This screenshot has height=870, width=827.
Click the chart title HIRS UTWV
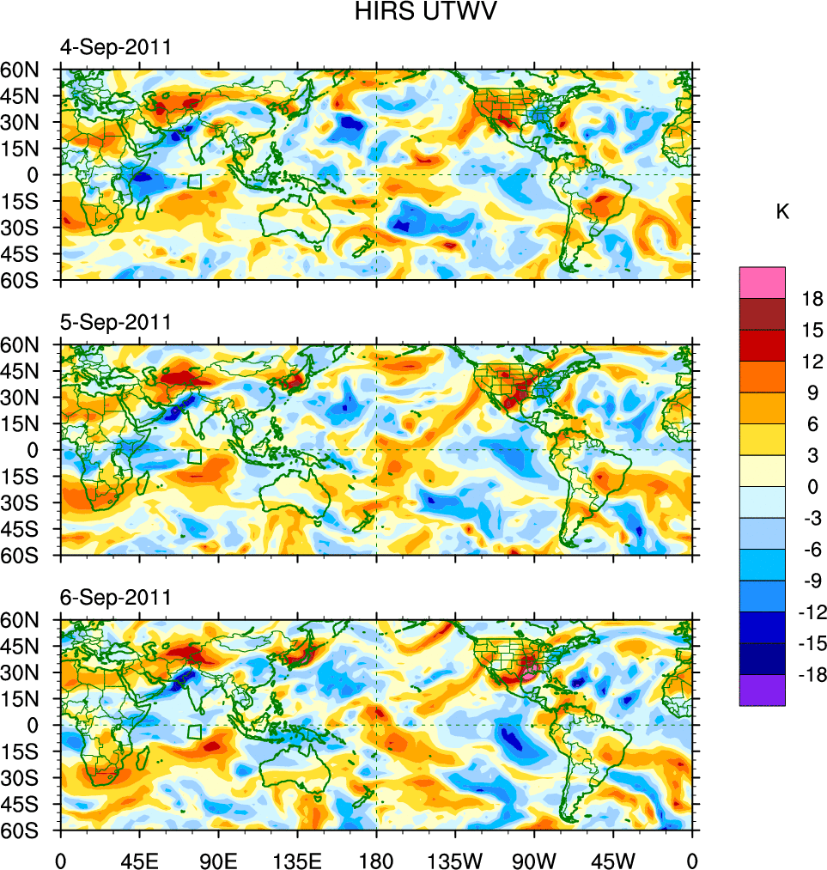click(x=414, y=12)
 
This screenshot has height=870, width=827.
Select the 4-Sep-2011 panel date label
click(x=116, y=47)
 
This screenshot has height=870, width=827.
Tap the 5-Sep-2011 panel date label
click(x=116, y=322)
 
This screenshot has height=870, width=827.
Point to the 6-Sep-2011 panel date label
click(x=116, y=597)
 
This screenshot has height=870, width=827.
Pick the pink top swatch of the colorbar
click(x=762, y=282)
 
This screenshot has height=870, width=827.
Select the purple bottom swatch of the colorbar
click(x=762, y=691)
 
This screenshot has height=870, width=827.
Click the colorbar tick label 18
click(x=812, y=299)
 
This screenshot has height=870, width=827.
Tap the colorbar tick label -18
click(x=809, y=675)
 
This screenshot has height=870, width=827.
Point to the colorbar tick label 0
click(x=812, y=487)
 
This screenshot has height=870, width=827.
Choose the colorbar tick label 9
click(x=812, y=392)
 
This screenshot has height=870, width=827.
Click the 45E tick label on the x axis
click(x=139, y=859)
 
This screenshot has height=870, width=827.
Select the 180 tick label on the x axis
click(x=376, y=859)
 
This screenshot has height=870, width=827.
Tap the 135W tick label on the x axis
click(x=455, y=859)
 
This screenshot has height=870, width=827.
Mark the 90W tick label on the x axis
click(x=534, y=859)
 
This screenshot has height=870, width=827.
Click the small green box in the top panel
click(x=194, y=181)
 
